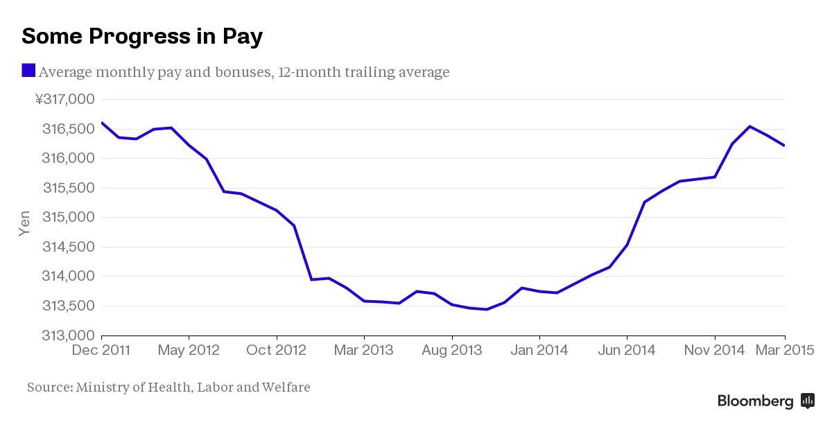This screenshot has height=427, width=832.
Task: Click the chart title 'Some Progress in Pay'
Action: point(142,36)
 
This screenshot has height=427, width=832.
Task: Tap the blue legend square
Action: point(28,71)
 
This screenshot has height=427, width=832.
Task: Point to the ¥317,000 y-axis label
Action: point(64,100)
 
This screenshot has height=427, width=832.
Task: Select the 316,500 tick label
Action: point(68,129)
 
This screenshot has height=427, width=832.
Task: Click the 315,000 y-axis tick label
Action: point(68,218)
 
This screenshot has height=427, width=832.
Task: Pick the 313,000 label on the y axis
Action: point(68,335)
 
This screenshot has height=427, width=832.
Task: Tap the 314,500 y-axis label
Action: point(68,247)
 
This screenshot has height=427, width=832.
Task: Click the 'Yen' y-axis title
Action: point(24,223)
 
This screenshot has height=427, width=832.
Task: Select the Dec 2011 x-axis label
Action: point(101,350)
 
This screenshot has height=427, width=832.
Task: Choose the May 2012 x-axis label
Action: point(189,350)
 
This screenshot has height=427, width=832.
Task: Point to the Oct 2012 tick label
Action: point(276,350)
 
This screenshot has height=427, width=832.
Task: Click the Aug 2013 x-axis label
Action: point(451,350)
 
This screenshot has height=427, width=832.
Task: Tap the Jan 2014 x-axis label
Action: point(539,350)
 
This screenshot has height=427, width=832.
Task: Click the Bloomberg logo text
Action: point(755,401)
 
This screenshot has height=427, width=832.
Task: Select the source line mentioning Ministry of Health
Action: point(168,387)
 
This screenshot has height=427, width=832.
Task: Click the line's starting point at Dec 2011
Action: point(102,123)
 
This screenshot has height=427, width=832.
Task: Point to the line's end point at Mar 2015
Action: point(784,146)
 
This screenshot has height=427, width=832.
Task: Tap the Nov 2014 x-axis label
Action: point(713,350)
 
